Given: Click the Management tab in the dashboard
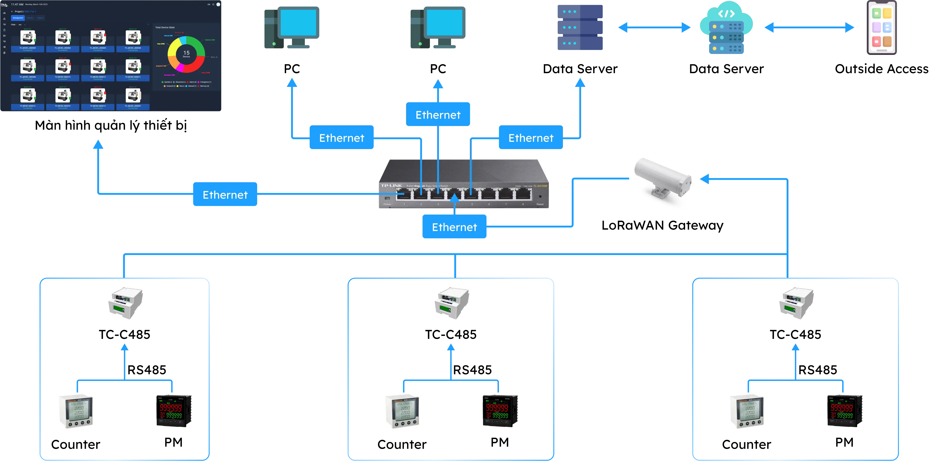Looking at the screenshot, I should (18, 18).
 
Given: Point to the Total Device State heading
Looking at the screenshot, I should (165, 27).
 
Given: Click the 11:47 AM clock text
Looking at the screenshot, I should (17, 4).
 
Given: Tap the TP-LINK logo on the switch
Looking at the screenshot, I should (391, 186).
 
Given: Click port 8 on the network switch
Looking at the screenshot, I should (523, 195).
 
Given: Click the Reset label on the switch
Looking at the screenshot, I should (540, 204).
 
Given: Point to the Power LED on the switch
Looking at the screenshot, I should (387, 198).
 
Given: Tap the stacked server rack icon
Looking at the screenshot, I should (580, 27).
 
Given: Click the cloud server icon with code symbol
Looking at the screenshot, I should (726, 29).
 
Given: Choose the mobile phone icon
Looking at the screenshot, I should (881, 28).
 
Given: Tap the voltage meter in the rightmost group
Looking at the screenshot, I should (746, 411).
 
